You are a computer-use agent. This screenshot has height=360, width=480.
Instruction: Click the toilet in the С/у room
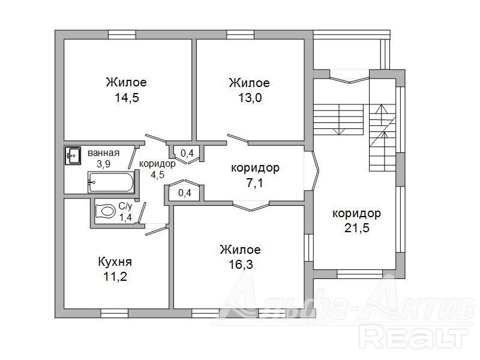[x=104, y=211]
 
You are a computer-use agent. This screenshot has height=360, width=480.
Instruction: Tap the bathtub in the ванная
[x=111, y=182]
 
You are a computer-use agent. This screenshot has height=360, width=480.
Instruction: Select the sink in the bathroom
[x=73, y=155]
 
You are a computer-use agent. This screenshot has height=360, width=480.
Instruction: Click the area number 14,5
[x=127, y=98]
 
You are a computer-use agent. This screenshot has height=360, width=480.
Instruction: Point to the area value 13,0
[x=250, y=98]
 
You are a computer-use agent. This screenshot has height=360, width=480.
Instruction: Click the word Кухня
[x=115, y=262]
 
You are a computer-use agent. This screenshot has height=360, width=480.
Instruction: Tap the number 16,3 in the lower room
[x=241, y=265]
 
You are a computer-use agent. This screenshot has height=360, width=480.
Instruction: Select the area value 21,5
[x=356, y=228]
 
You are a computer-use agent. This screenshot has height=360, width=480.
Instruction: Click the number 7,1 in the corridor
[x=254, y=183]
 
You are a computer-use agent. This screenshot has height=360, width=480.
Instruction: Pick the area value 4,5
[x=157, y=175]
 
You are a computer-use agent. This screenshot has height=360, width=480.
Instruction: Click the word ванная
[x=103, y=153]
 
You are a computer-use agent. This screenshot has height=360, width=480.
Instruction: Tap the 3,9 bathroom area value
[x=103, y=164]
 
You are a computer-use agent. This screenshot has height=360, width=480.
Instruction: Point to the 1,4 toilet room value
[x=125, y=217]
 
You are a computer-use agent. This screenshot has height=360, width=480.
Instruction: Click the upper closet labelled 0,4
[x=187, y=153]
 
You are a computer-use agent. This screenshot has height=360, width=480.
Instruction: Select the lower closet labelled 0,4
[x=185, y=193]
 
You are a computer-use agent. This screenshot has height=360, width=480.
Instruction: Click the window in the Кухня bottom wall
[x=114, y=313]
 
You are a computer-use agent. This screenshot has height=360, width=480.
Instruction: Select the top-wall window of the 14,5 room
[x=122, y=35]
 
